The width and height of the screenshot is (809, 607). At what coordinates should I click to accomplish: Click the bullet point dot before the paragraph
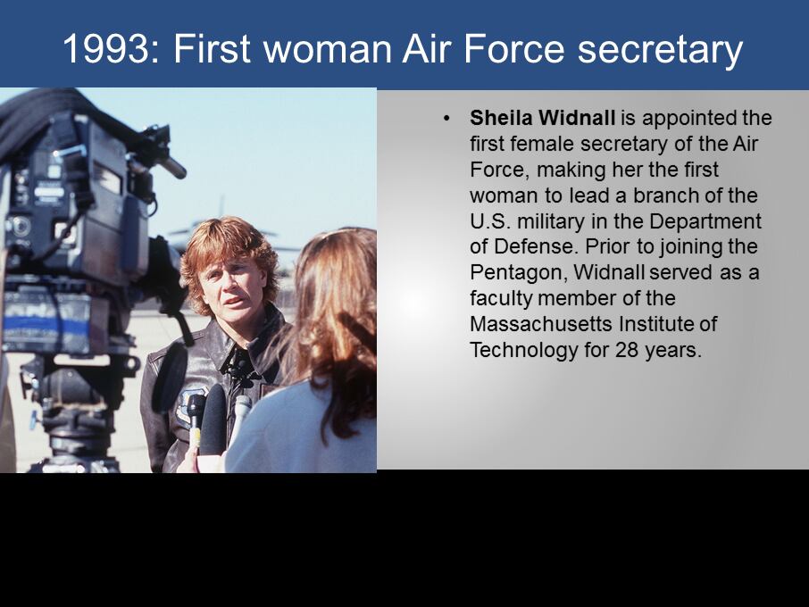[446, 119]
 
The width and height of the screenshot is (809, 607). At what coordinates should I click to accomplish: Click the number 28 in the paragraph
[625, 350]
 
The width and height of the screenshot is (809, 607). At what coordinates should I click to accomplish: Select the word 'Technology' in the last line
[524, 351]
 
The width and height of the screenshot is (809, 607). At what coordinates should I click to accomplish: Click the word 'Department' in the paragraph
[705, 221]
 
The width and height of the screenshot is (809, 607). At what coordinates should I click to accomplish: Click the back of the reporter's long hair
[336, 320]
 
